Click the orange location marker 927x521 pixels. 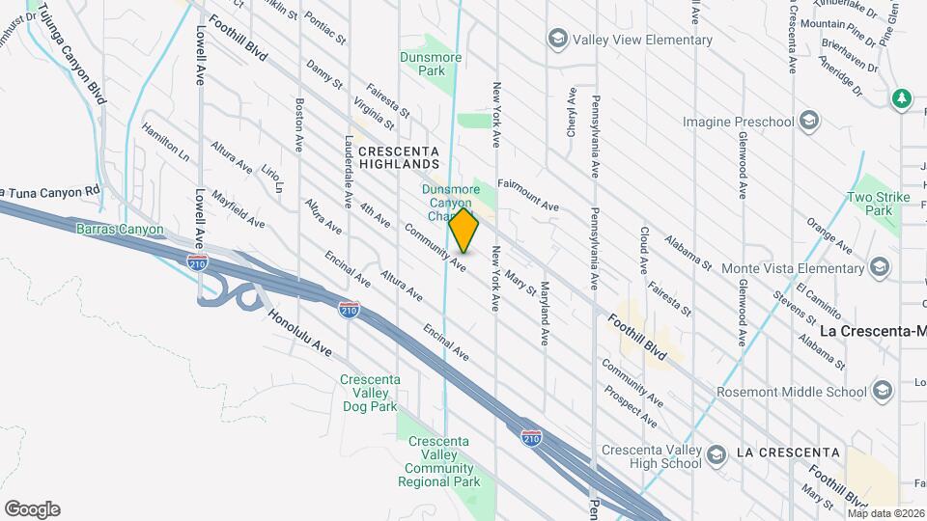pos(463,231)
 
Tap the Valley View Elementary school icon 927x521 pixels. pos(557,40)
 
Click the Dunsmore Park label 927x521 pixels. pos(422,64)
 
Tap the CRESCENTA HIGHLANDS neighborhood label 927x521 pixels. pos(398,158)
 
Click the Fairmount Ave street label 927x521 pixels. pos(528,194)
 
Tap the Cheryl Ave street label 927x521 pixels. pos(571,114)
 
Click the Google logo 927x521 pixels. pos(32,509)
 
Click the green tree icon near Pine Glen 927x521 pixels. pos(902,98)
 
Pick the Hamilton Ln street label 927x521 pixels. pos(165,141)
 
